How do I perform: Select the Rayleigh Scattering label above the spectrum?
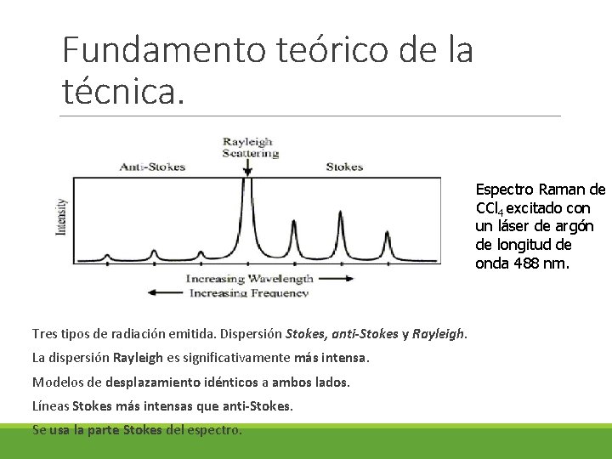point(250,147)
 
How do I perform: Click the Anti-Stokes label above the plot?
point(152,167)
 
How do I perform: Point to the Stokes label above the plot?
point(344,167)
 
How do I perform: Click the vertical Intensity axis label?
point(61,218)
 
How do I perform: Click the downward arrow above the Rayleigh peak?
point(247,170)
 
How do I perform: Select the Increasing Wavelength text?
point(250,278)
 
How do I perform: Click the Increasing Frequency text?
point(248,292)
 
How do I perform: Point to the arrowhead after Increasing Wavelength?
point(348,278)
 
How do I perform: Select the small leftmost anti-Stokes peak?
point(109,254)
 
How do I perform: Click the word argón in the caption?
point(575,226)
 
